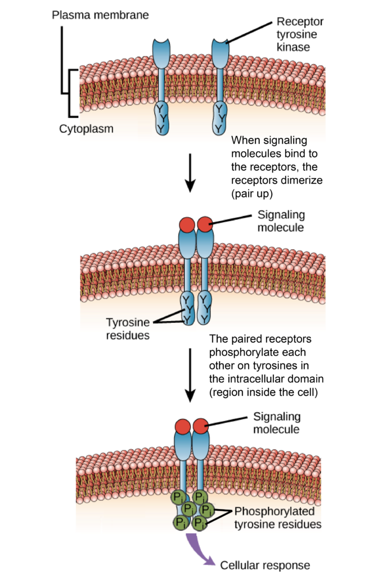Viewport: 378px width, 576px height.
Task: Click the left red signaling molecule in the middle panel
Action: (187, 225)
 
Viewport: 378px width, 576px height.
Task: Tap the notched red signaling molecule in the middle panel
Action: (205, 224)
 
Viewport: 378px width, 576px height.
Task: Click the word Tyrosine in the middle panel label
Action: (128, 322)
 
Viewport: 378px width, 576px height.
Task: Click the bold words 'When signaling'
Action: (269, 140)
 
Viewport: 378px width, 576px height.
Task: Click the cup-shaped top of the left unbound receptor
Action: (161, 54)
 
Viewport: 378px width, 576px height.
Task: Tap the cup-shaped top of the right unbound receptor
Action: (220, 54)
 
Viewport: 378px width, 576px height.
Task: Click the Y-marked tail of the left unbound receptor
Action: (161, 118)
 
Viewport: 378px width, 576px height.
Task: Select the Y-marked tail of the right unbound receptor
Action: (220, 118)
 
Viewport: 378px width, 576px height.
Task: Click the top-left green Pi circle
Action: (179, 497)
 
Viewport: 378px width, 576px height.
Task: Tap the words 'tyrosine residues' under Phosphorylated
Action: (277, 525)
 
